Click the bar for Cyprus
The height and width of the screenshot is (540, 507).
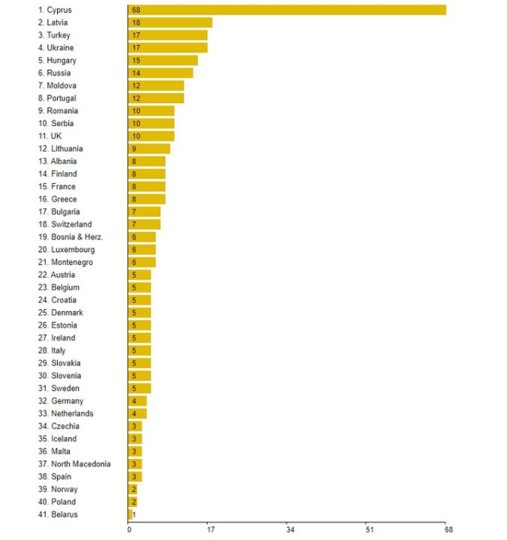287,10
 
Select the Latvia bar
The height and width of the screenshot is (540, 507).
170,22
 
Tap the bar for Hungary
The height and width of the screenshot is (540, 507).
163,60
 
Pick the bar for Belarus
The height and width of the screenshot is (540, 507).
130,514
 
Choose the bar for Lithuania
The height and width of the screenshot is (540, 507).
149,148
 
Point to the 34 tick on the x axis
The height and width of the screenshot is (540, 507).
289,529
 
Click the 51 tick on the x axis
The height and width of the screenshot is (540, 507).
369,529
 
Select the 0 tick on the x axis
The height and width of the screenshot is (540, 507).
129,529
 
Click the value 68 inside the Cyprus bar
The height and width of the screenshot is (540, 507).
136,10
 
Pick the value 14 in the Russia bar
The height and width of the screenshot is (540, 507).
136,73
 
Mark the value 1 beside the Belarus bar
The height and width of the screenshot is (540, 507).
135,514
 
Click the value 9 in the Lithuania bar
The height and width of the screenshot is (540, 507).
134,148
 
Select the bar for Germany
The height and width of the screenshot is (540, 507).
138,401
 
